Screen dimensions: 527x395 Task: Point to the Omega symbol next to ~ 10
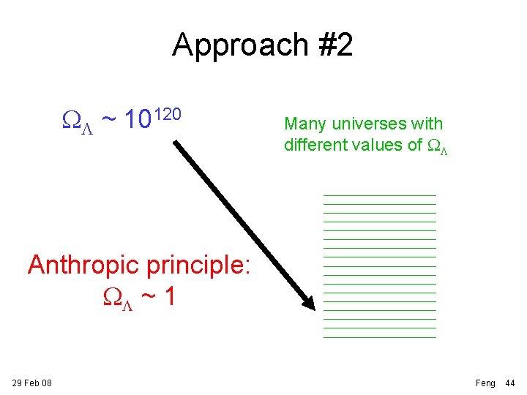pos(76,119)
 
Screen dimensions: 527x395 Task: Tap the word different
pos(315,145)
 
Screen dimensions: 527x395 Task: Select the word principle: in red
pos(199,266)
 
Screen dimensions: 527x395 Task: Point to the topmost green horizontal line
pos(379,195)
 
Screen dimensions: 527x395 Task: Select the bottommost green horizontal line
pos(379,337)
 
